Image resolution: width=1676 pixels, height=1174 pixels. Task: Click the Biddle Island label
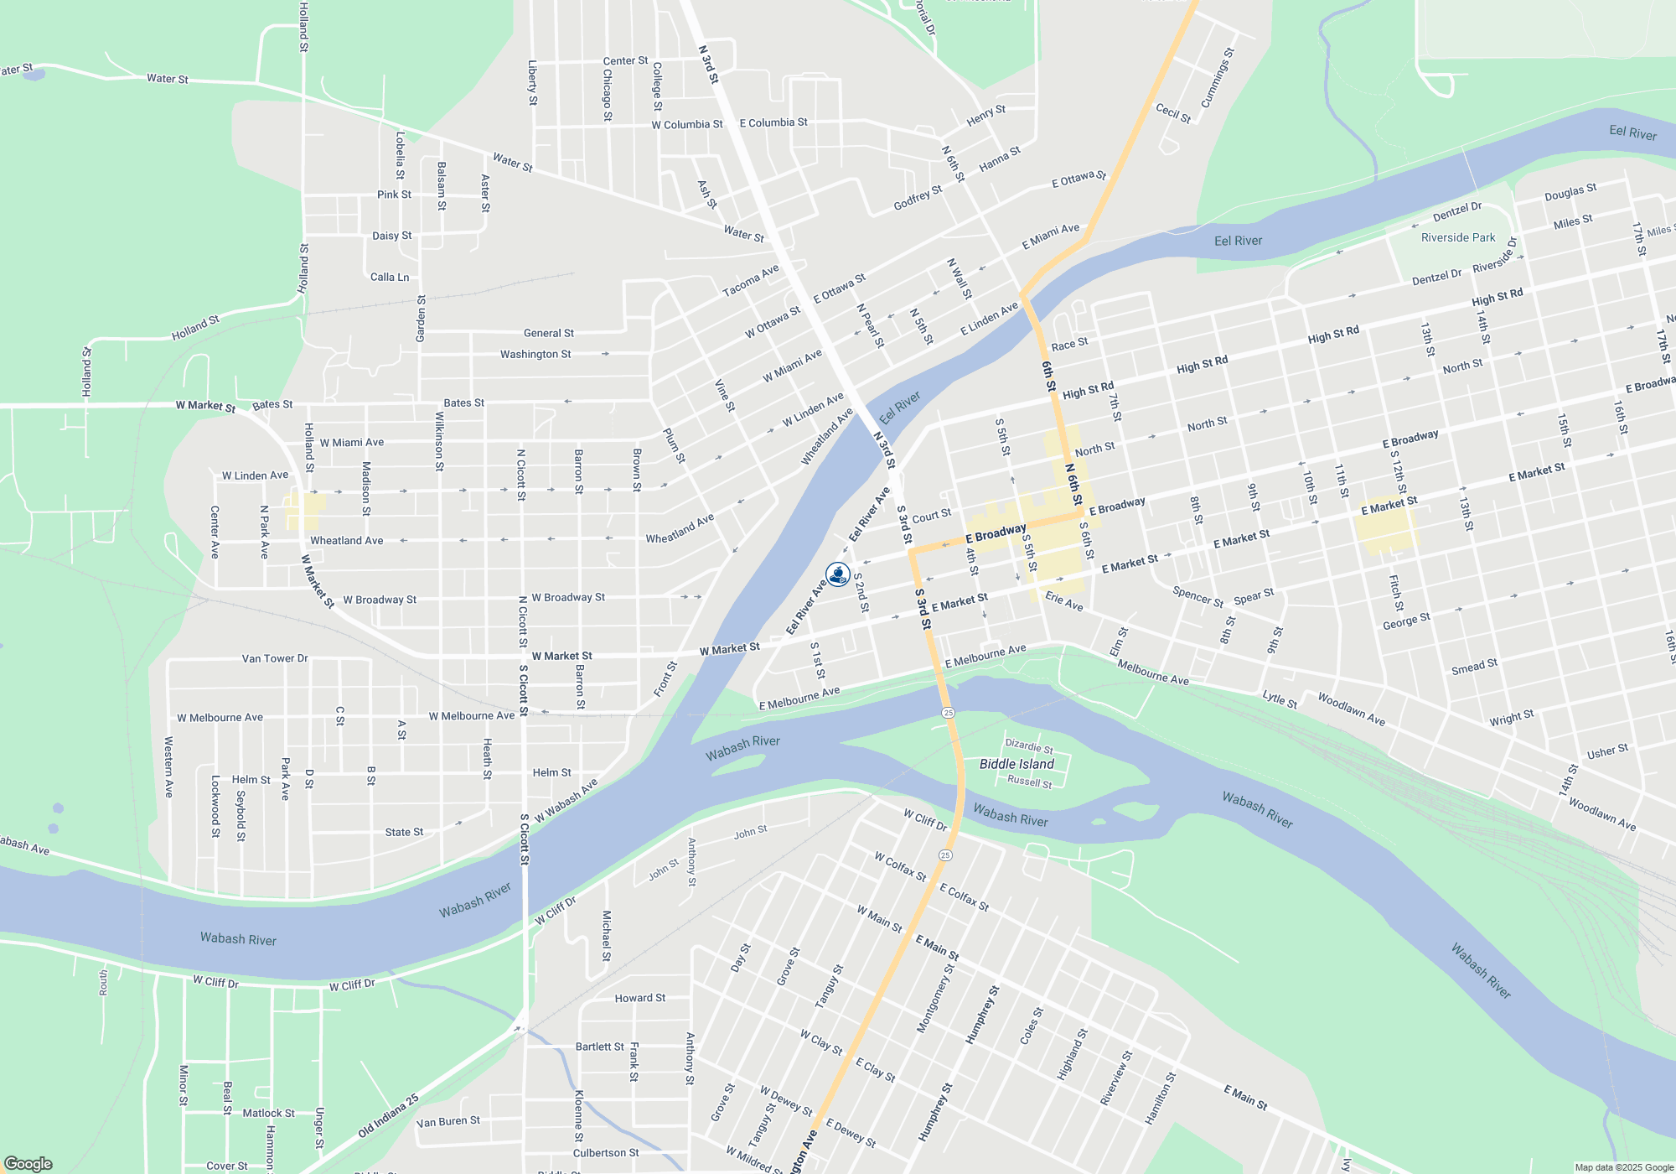(x=1016, y=764)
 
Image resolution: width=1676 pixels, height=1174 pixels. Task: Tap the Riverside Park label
(x=1458, y=237)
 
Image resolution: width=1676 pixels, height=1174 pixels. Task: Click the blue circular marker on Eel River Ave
(x=837, y=574)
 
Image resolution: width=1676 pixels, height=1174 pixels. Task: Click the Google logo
(x=28, y=1163)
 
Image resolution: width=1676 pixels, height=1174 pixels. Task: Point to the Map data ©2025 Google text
(x=1623, y=1167)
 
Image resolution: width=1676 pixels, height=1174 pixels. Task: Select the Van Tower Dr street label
(x=275, y=658)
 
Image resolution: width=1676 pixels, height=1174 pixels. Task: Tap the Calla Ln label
(x=390, y=277)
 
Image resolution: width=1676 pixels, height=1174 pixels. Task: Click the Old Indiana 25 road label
(x=388, y=1116)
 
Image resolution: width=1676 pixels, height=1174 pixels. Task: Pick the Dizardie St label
(x=1029, y=746)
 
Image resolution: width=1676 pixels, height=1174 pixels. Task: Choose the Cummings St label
(x=1218, y=78)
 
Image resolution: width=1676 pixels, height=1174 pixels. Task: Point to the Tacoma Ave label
(x=751, y=280)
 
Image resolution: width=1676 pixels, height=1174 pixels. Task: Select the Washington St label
(x=535, y=354)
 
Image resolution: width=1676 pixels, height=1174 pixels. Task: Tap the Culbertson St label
(x=606, y=1153)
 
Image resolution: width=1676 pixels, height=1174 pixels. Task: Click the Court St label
(x=931, y=517)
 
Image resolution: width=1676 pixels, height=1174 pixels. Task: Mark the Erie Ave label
(x=1064, y=600)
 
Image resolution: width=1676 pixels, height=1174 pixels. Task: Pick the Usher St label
(x=1607, y=751)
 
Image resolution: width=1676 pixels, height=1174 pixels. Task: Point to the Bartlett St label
(x=599, y=1047)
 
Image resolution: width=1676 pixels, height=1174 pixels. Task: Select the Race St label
(x=1069, y=345)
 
